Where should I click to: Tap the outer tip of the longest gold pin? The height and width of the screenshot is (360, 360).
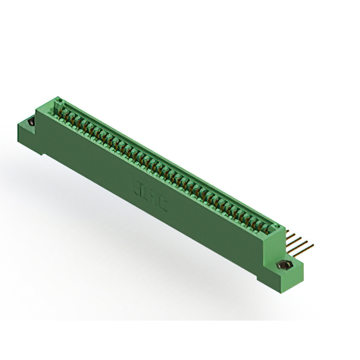pos(313,245)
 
